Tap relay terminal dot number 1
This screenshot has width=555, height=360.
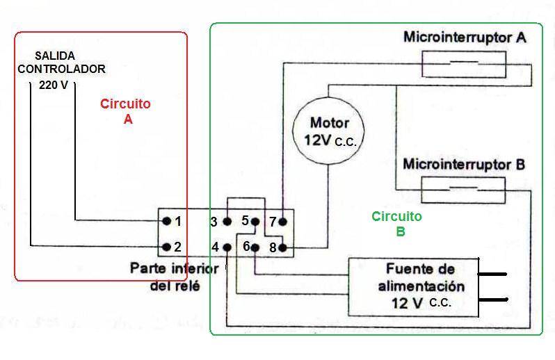tap(167, 222)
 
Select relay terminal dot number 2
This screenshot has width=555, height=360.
tap(167, 247)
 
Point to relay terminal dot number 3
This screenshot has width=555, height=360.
tap(227, 222)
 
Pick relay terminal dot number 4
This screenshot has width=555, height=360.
tap(227, 247)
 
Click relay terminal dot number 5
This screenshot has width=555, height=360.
tap(255, 222)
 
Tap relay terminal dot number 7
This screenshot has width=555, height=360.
tap(282, 222)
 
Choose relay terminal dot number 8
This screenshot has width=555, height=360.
tap(282, 247)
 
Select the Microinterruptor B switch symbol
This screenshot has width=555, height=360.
tap(463, 188)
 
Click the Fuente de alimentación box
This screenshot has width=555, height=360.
tap(414, 286)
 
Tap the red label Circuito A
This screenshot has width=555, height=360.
tap(125, 111)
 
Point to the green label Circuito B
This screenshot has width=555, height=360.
tap(396, 224)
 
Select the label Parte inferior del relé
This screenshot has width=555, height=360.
tap(175, 277)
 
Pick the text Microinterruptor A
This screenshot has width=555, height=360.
tap(465, 37)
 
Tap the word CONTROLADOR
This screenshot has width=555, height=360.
tap(62, 69)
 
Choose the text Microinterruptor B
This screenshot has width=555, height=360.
tap(464, 165)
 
